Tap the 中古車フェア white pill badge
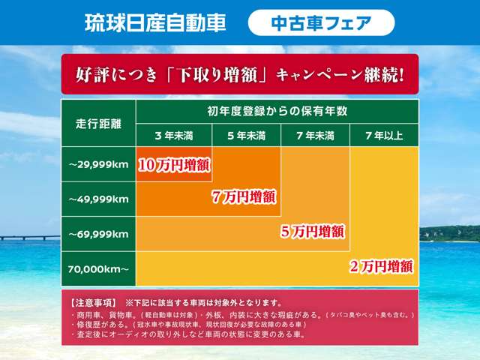point(320,22)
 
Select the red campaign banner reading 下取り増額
point(240,74)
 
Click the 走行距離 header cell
point(98,122)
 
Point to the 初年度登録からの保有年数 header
point(277,111)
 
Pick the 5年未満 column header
point(246,136)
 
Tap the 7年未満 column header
point(315,136)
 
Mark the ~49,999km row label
point(98,199)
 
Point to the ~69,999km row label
point(98,234)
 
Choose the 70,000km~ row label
point(98,268)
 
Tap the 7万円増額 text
point(244,197)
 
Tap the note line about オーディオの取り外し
point(187,335)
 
